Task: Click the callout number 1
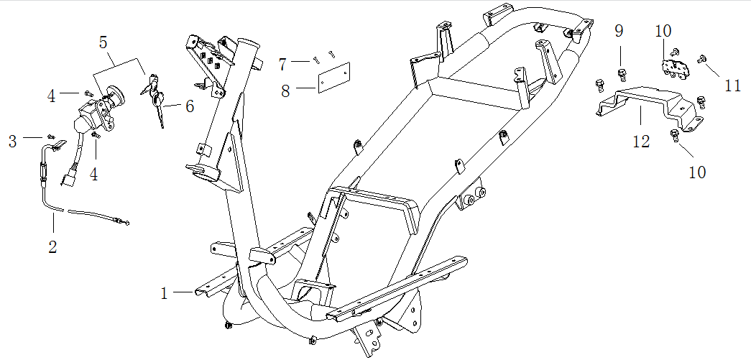[x=164, y=293]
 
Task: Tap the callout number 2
[x=52, y=246]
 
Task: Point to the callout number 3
[x=13, y=141]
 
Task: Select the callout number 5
[x=105, y=42]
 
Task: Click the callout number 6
[x=189, y=106]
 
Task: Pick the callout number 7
[x=282, y=65]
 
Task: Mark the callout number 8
[x=285, y=91]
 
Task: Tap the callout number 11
[x=732, y=86]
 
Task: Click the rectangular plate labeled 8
[x=333, y=77]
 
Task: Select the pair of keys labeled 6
[x=157, y=101]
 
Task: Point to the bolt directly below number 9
[x=621, y=73]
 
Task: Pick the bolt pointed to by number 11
[x=701, y=60]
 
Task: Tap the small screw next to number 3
[x=50, y=136]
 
